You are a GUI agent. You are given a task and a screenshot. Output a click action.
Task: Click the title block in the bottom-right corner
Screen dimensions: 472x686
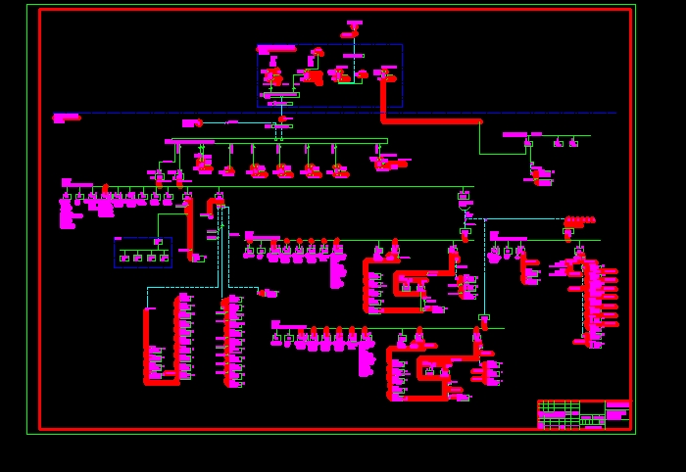pyautogui.click(x=583, y=414)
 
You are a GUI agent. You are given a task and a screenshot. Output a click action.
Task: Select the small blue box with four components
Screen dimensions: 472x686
pyautogui.click(x=143, y=253)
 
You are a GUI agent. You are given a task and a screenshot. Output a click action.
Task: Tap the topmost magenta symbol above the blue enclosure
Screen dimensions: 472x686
pyautogui.click(x=354, y=23)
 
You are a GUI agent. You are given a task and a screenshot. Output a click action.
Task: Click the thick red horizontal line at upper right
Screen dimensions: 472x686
pyautogui.click(x=431, y=121)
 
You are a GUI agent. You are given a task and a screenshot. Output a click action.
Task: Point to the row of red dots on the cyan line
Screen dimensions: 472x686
pyautogui.click(x=580, y=220)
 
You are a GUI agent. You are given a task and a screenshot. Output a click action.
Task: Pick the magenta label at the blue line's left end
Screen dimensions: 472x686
pyautogui.click(x=66, y=118)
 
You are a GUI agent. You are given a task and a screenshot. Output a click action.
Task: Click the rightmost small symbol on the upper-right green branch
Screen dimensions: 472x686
pyautogui.click(x=573, y=144)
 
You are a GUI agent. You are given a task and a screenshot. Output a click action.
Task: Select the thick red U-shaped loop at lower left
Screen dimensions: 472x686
pyautogui.click(x=161, y=381)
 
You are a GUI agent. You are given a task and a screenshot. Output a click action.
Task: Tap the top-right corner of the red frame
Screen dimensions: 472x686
pyautogui.click(x=630, y=10)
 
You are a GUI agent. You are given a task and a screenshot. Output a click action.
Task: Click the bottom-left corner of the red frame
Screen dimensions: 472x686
pyautogui.click(x=40, y=428)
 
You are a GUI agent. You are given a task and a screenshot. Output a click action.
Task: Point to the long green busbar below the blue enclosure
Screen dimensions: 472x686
pyautogui.click(x=279, y=141)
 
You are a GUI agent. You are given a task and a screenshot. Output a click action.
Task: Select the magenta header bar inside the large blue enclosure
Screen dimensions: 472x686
pyautogui.click(x=276, y=48)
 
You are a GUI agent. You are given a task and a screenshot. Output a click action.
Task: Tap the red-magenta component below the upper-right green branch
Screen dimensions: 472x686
pyautogui.click(x=541, y=177)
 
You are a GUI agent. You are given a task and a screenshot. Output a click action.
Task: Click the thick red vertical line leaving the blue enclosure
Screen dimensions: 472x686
pyautogui.click(x=383, y=98)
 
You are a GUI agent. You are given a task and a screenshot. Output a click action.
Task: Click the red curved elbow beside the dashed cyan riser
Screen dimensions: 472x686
pyautogui.click(x=211, y=206)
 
